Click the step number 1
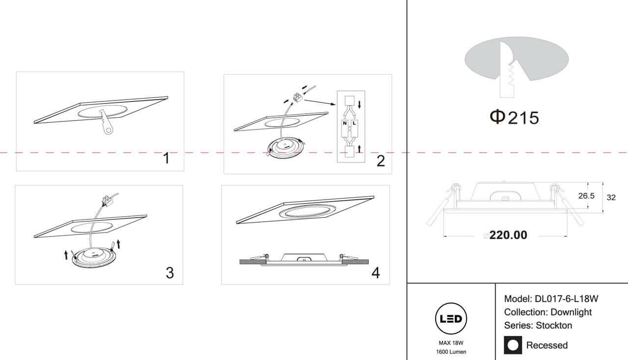(166, 158)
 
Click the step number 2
(381, 161)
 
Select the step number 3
(170, 273)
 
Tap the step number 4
(376, 273)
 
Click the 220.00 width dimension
(508, 235)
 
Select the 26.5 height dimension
(586, 196)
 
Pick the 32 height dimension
(611, 198)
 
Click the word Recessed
(547, 345)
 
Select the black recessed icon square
(513, 345)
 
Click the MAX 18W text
(451, 343)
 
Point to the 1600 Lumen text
(451, 352)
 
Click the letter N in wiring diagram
(345, 123)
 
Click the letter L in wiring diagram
(354, 123)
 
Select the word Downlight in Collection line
(571, 312)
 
